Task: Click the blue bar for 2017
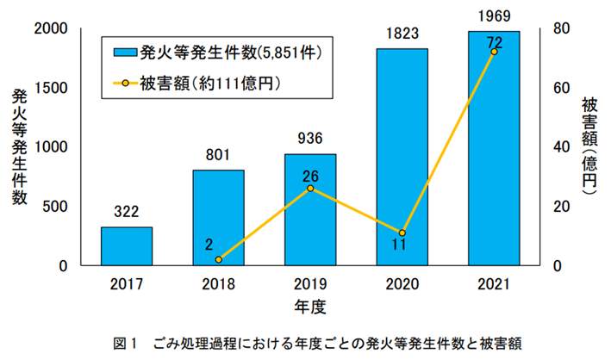127,246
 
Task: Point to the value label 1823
402,34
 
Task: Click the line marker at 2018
219,259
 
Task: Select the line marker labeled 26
310,188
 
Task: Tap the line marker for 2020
402,233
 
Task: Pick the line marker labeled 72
494,52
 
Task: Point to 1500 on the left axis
50,88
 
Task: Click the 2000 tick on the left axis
50,28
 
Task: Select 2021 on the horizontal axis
494,284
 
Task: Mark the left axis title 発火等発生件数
20,146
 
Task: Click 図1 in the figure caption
125,342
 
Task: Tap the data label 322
127,211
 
